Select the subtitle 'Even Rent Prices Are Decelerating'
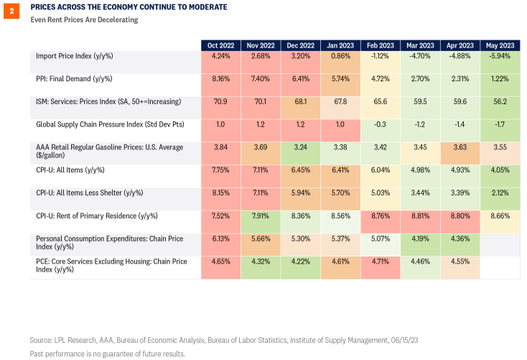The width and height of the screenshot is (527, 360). [84, 19]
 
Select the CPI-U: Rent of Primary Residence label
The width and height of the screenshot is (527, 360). [97, 216]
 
